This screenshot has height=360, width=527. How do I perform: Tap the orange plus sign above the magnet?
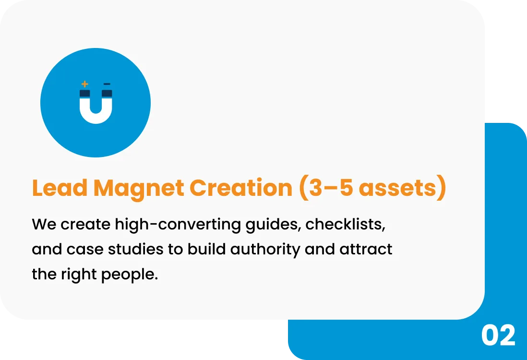pos(84,84)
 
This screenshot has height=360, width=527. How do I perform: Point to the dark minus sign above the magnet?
pos(107,84)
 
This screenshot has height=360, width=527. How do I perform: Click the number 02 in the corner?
pos(498,336)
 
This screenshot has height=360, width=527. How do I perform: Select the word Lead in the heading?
pos(60,188)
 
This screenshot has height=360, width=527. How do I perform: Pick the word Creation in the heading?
pos(241,188)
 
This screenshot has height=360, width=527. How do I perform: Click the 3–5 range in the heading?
pos(331,188)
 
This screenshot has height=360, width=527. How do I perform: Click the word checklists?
pos(345,224)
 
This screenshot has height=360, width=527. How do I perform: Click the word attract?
pos(366,250)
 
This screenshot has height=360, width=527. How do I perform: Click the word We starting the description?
pos(44,224)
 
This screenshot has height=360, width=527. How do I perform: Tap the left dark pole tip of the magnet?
pos(84,93)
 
